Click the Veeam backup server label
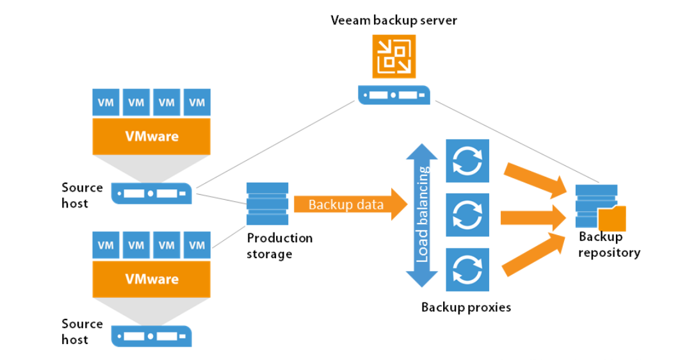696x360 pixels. point(394,20)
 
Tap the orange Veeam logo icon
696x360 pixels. point(394,57)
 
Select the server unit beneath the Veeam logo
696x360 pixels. point(394,95)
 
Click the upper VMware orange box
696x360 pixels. point(152,136)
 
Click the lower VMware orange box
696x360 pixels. point(152,279)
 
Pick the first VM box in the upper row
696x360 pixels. point(106,102)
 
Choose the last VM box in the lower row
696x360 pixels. point(197,245)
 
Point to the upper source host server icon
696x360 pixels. point(152,193)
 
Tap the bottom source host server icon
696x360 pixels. point(152,336)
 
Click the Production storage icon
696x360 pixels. point(267,204)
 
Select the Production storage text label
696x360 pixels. point(280,246)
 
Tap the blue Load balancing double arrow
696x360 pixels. point(422,215)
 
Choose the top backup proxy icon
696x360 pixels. point(467,160)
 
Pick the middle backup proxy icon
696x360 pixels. point(467,215)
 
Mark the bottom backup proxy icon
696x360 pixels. point(467,269)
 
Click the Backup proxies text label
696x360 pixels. point(466,307)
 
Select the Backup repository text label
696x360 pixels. point(609,245)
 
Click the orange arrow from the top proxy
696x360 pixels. point(537,177)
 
